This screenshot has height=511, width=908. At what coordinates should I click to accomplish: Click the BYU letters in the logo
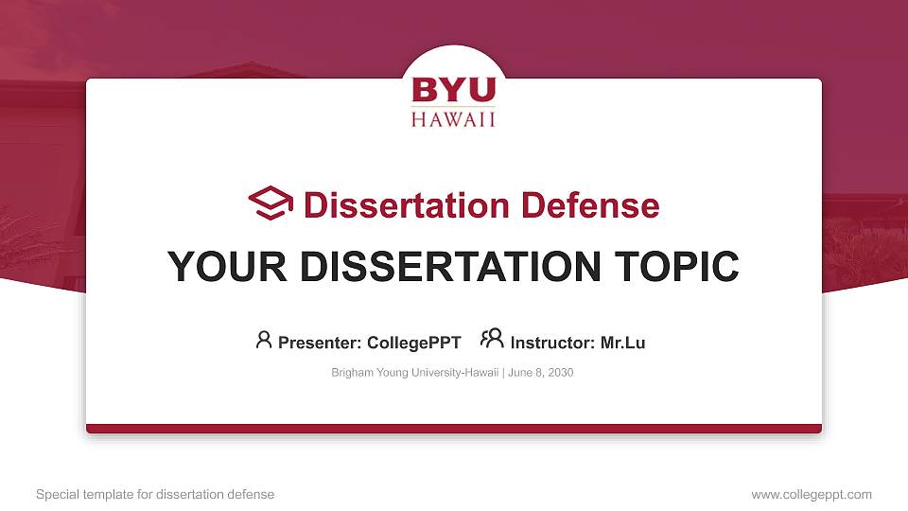coord(453,90)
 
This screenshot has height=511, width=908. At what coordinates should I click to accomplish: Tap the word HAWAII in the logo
coord(453,119)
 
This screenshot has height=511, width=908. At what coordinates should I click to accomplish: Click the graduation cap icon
coord(271,203)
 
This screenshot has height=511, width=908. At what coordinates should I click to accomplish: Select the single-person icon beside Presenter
coord(264,340)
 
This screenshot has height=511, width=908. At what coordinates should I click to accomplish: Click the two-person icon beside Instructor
coord(491,339)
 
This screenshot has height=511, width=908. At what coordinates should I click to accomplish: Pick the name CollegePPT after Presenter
coord(413,343)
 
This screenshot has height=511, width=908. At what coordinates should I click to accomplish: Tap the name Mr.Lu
coord(622,343)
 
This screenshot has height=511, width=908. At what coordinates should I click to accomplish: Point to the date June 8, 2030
coord(540,373)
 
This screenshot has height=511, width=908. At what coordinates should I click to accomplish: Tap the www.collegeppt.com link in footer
coord(811,494)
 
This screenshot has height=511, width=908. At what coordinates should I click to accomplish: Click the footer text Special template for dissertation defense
coord(154,494)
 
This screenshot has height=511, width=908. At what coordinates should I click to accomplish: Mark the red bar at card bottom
coord(453,429)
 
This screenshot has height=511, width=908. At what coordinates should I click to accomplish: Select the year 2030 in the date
coord(559,373)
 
